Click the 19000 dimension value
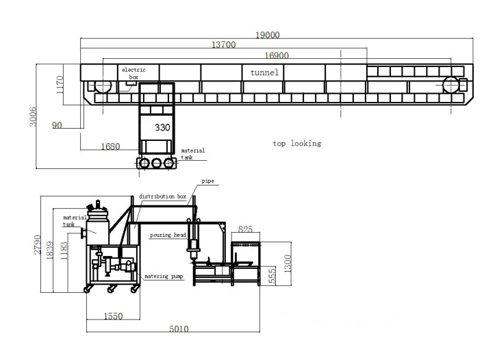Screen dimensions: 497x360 268,35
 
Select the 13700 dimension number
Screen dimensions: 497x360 223,44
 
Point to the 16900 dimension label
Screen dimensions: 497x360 277,55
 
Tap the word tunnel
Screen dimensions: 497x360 264,73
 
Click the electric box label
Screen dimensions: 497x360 133,73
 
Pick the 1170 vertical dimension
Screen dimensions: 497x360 60,85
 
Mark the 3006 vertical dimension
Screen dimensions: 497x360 33,117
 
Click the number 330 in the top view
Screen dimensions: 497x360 162,127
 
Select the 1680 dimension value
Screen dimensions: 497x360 110,146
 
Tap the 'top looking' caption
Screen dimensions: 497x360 297,144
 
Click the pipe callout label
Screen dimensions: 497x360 208,181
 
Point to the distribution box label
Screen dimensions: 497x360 162,196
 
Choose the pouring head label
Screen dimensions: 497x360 168,235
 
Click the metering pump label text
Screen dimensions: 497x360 164,277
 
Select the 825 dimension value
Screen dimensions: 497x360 245,229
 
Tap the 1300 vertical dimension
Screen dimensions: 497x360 287,263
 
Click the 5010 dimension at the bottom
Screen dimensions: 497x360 179,329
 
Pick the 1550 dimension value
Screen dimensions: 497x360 113,316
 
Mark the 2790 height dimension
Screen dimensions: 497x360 38,244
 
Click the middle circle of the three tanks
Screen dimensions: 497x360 157,163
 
